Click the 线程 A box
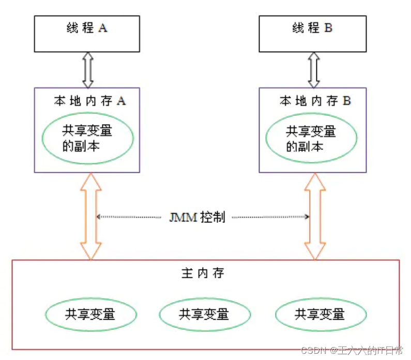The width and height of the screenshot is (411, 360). click(x=87, y=33)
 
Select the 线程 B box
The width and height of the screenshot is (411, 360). click(x=312, y=33)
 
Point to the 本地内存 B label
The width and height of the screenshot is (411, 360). click(x=315, y=101)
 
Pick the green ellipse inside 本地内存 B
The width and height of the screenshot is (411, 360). click(x=311, y=138)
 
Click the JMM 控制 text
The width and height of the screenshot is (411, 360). click(x=197, y=217)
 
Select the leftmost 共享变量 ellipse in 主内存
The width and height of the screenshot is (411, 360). click(x=90, y=314)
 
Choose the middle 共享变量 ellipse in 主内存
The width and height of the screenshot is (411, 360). click(x=204, y=314)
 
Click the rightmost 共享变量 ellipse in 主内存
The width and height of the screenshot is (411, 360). click(x=320, y=314)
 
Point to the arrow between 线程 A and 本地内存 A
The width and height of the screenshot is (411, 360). click(x=87, y=70)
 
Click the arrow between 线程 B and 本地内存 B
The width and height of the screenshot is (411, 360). click(x=313, y=70)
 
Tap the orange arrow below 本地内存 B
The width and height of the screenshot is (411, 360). click(x=315, y=216)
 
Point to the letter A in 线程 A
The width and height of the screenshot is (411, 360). click(x=102, y=28)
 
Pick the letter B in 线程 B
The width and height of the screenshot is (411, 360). click(x=328, y=28)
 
